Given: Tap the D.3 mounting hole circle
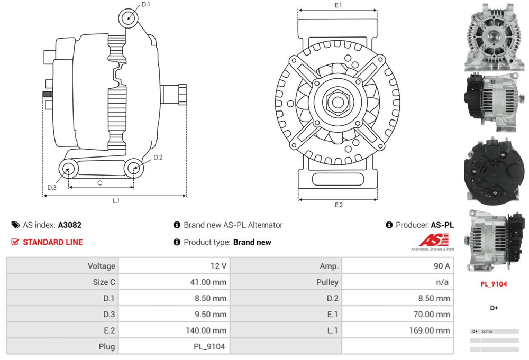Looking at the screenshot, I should pyautogui.click(x=68, y=170).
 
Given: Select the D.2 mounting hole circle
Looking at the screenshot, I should pyautogui.click(x=134, y=169).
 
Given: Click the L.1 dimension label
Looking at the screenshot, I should pyautogui.click(x=115, y=201).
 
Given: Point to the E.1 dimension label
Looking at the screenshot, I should pyautogui.click(x=338, y=5).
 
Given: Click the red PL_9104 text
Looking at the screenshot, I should pyautogui.click(x=494, y=284).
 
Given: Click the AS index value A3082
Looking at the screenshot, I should pyautogui.click(x=70, y=225).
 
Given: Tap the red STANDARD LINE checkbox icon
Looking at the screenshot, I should pyautogui.click(x=15, y=242).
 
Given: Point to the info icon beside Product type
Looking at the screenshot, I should pyautogui.click(x=177, y=242).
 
